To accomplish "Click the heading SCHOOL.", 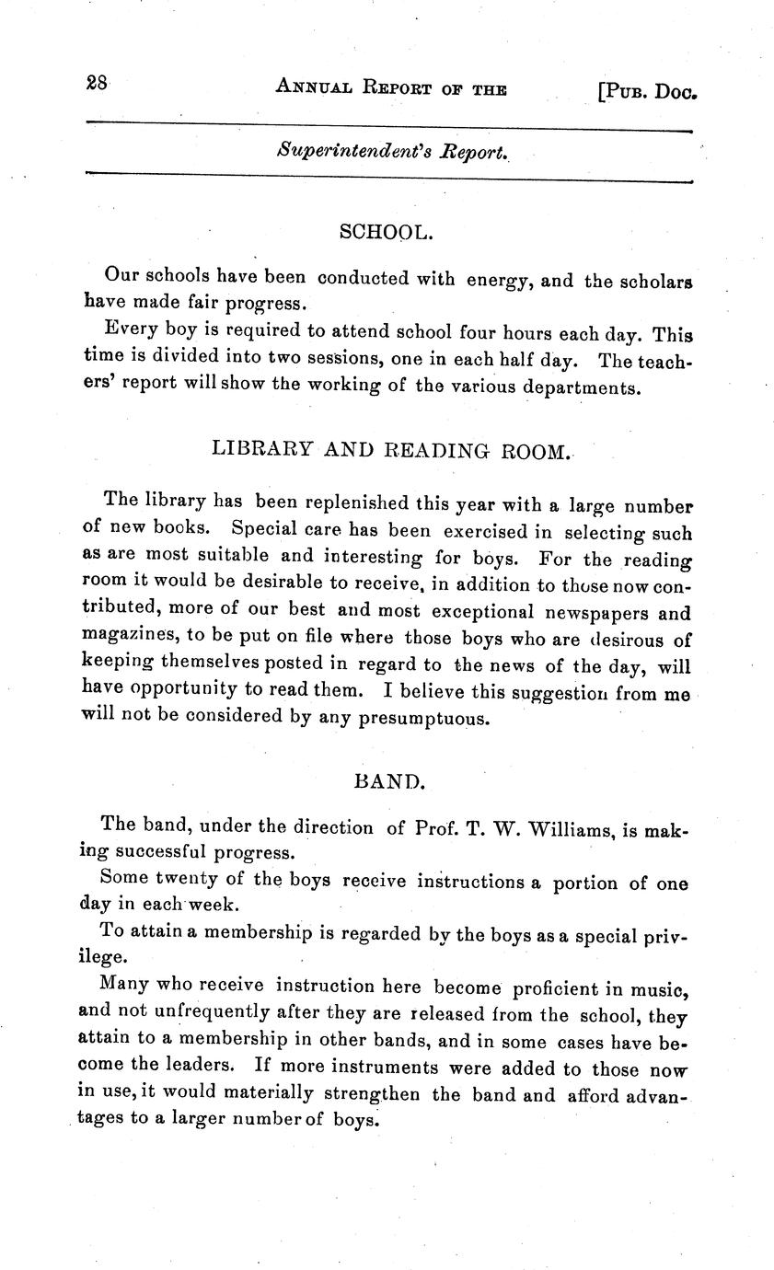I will (x=386, y=233).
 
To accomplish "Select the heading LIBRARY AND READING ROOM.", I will (x=391, y=450).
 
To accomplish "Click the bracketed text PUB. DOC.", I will (x=646, y=91).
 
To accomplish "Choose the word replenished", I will (x=332, y=503).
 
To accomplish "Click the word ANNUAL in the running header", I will (x=315, y=87).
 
